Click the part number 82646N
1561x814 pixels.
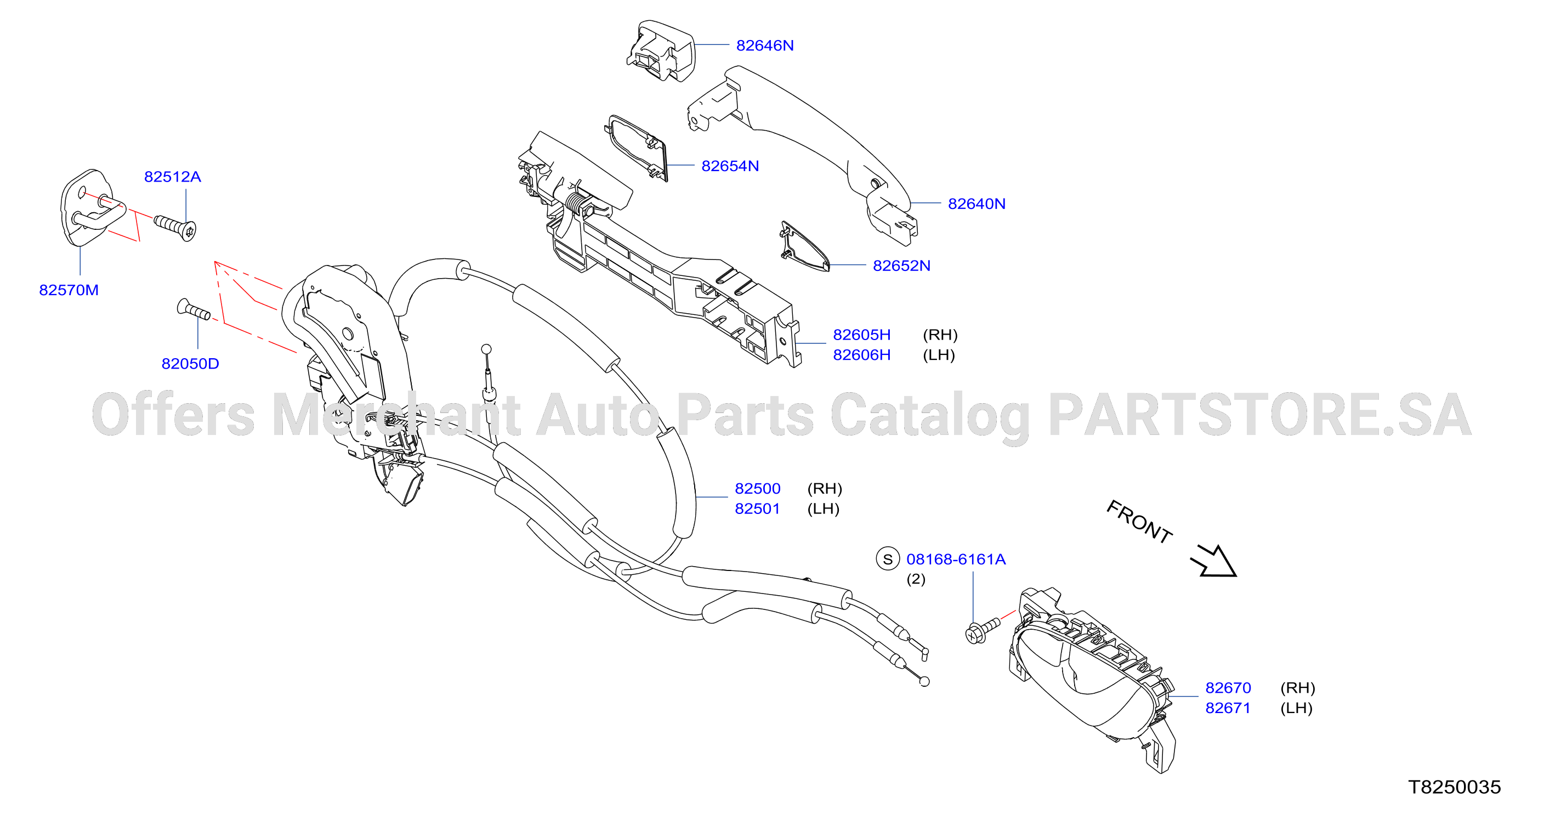[x=765, y=46]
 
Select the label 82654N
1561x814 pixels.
[x=730, y=166]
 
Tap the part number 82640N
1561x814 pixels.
[x=977, y=203]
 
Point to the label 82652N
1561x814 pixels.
[x=902, y=265]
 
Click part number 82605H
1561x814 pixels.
[x=862, y=335]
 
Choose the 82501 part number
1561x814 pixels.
[x=758, y=508]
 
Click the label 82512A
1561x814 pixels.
[x=173, y=177]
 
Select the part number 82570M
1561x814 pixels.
[x=69, y=290]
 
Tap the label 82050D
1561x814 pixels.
[x=190, y=364]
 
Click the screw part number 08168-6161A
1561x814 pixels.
[x=956, y=559]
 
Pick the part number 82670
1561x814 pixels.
[x=1228, y=688]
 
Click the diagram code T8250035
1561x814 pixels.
[x=1454, y=787]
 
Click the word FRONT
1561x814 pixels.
[x=1139, y=522]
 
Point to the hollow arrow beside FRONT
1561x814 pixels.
[x=1214, y=561]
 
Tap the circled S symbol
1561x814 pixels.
[x=888, y=559]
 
